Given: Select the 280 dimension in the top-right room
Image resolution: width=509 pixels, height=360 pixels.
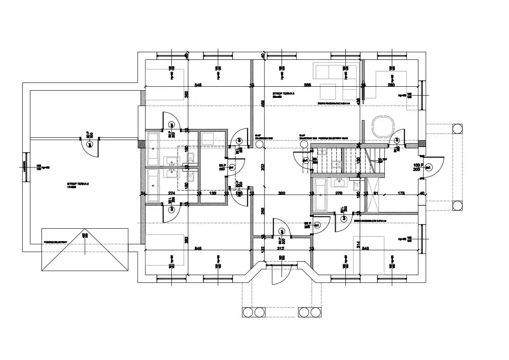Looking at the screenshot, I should tap(391, 85).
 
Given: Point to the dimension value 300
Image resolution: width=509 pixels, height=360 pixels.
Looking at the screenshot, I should tap(281, 194).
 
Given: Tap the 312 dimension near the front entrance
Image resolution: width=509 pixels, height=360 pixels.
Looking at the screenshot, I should tap(281, 248).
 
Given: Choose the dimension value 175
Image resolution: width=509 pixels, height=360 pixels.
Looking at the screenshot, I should tap(401, 194).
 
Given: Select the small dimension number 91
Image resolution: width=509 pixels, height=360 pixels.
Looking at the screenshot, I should tap(375, 194).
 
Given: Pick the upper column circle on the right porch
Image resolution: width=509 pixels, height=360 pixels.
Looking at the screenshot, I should tap(457, 128).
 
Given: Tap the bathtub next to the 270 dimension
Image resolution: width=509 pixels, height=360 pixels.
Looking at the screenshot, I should tap(320, 195).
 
